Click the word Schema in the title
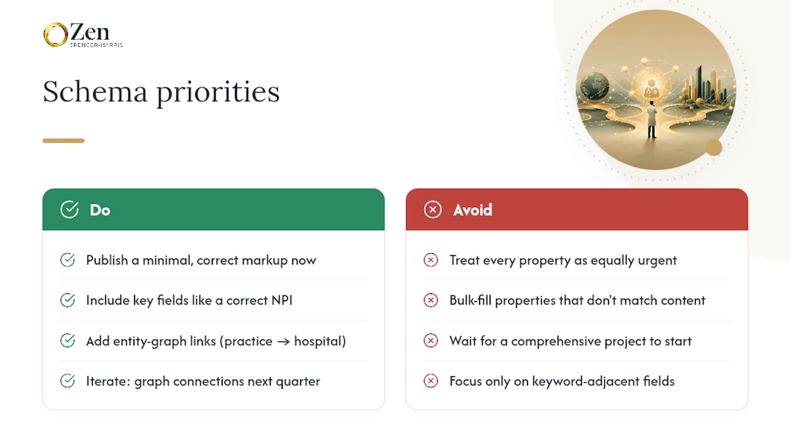pos(95,92)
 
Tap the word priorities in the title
pos(218,93)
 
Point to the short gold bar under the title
pos(64,141)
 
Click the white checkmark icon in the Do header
pos(69,209)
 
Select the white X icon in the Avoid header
pos(433,210)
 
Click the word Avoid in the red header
pos(473,210)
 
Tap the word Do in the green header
pos(100,210)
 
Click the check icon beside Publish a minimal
pos(67,260)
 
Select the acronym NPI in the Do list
pos(282,300)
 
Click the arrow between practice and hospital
pos(283,342)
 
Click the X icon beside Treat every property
pos(431,260)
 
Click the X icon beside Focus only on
pos(431,381)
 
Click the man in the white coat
pos(652,120)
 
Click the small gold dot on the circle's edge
pos(714,147)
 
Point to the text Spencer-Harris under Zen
pos(96,45)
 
